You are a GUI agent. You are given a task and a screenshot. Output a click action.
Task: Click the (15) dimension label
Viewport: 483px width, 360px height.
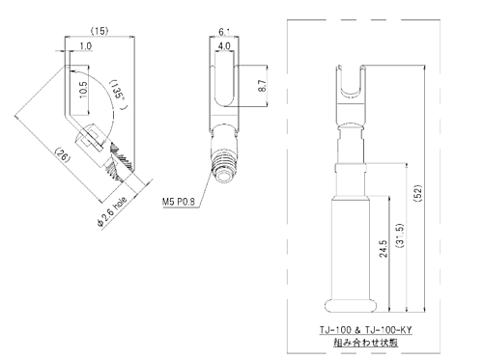(x=99, y=31)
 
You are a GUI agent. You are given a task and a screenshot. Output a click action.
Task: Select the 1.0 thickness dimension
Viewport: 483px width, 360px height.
(x=86, y=46)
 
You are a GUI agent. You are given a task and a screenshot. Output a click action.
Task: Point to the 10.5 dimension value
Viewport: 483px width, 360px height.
(x=83, y=90)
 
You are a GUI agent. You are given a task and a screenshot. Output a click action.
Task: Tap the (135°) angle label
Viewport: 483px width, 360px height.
(x=118, y=94)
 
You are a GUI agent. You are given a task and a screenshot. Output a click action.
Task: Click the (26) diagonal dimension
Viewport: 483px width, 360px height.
(x=63, y=154)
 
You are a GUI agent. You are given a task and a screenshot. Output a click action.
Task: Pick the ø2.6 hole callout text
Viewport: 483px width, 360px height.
(x=112, y=211)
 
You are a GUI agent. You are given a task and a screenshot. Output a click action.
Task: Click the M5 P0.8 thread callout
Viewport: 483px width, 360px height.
(x=179, y=202)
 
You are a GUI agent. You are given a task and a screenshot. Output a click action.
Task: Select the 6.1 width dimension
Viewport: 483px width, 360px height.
(x=224, y=32)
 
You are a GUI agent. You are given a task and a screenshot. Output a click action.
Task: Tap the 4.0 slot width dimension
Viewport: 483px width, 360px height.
(x=224, y=45)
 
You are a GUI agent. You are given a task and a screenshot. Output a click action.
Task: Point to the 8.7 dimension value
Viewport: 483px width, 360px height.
(x=262, y=86)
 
